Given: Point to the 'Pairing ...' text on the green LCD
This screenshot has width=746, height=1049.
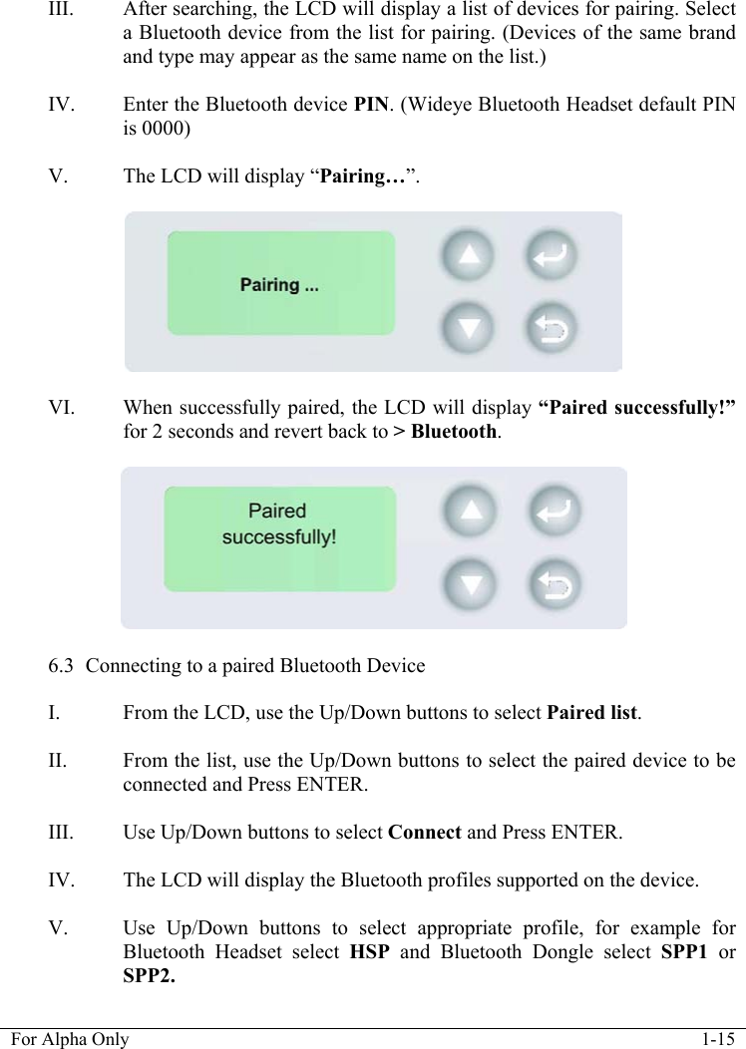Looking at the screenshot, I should point(280,285).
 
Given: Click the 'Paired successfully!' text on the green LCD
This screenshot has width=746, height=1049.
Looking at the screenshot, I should point(278,524).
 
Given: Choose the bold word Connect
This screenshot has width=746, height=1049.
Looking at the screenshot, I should point(424,832).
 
